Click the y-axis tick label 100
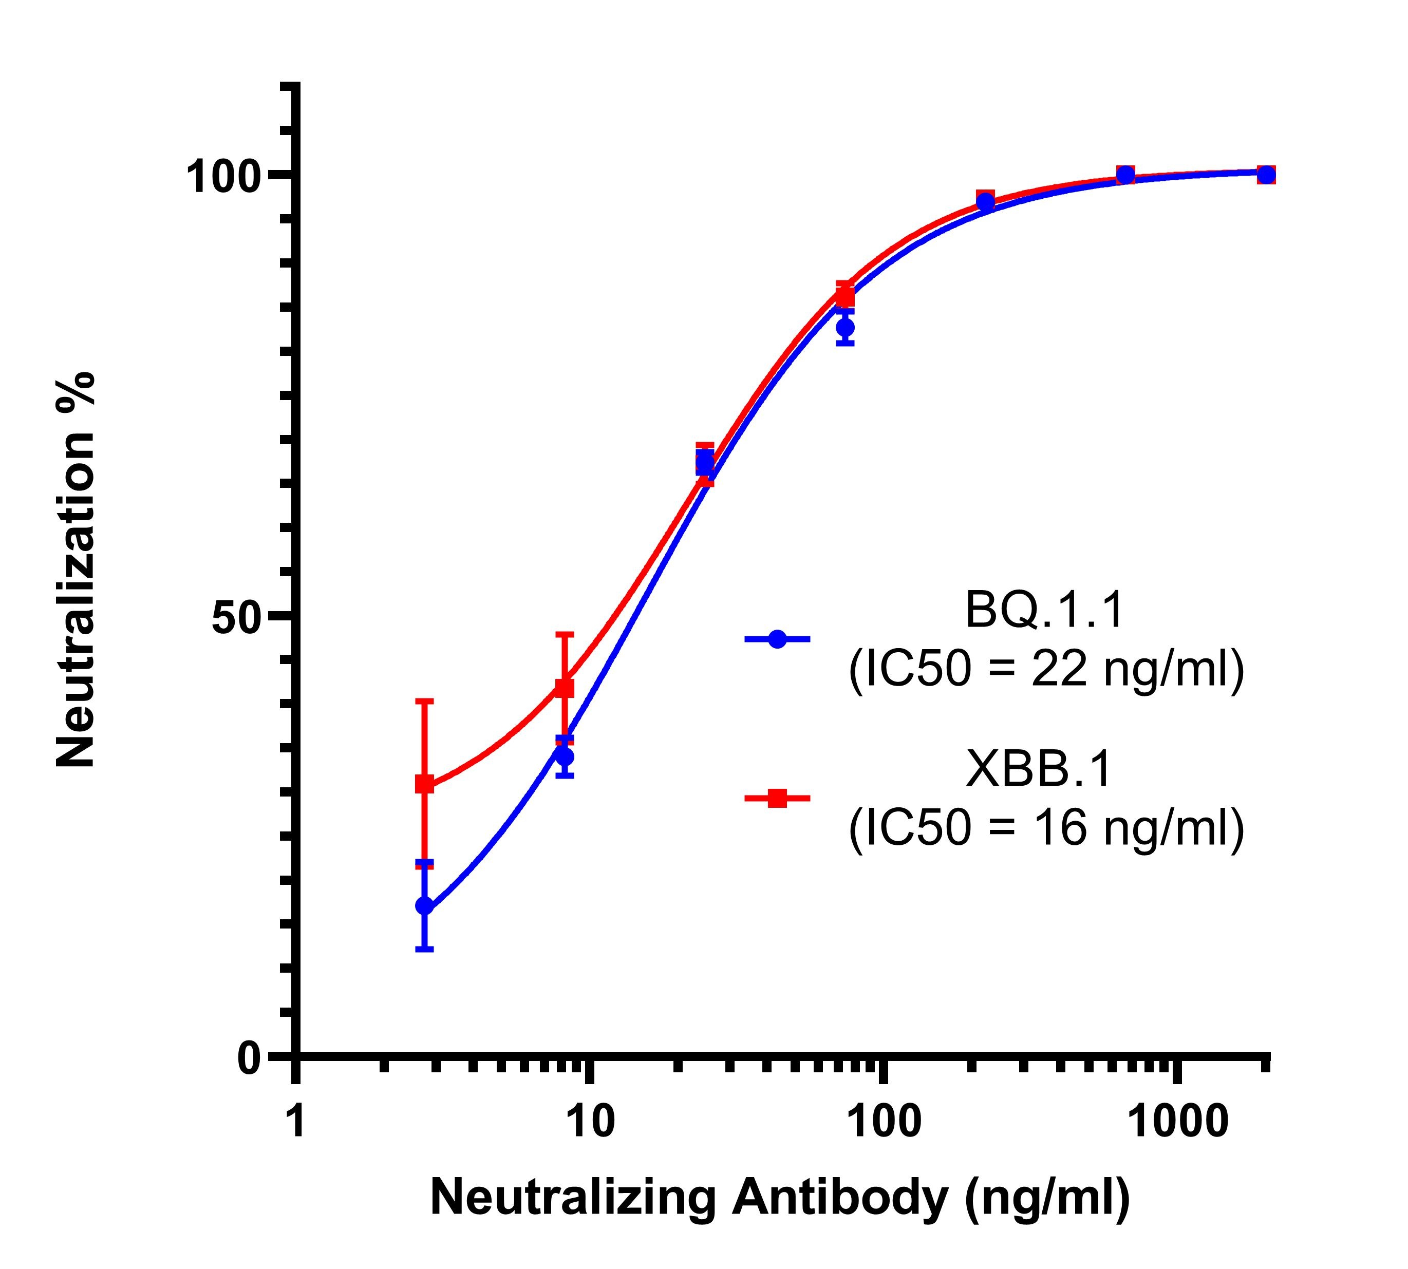[224, 177]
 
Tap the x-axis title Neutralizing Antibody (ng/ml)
[780, 1197]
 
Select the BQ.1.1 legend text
[1044, 610]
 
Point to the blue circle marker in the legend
[777, 639]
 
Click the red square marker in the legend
[777, 798]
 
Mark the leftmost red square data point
[424, 784]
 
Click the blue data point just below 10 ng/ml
[565, 756]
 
